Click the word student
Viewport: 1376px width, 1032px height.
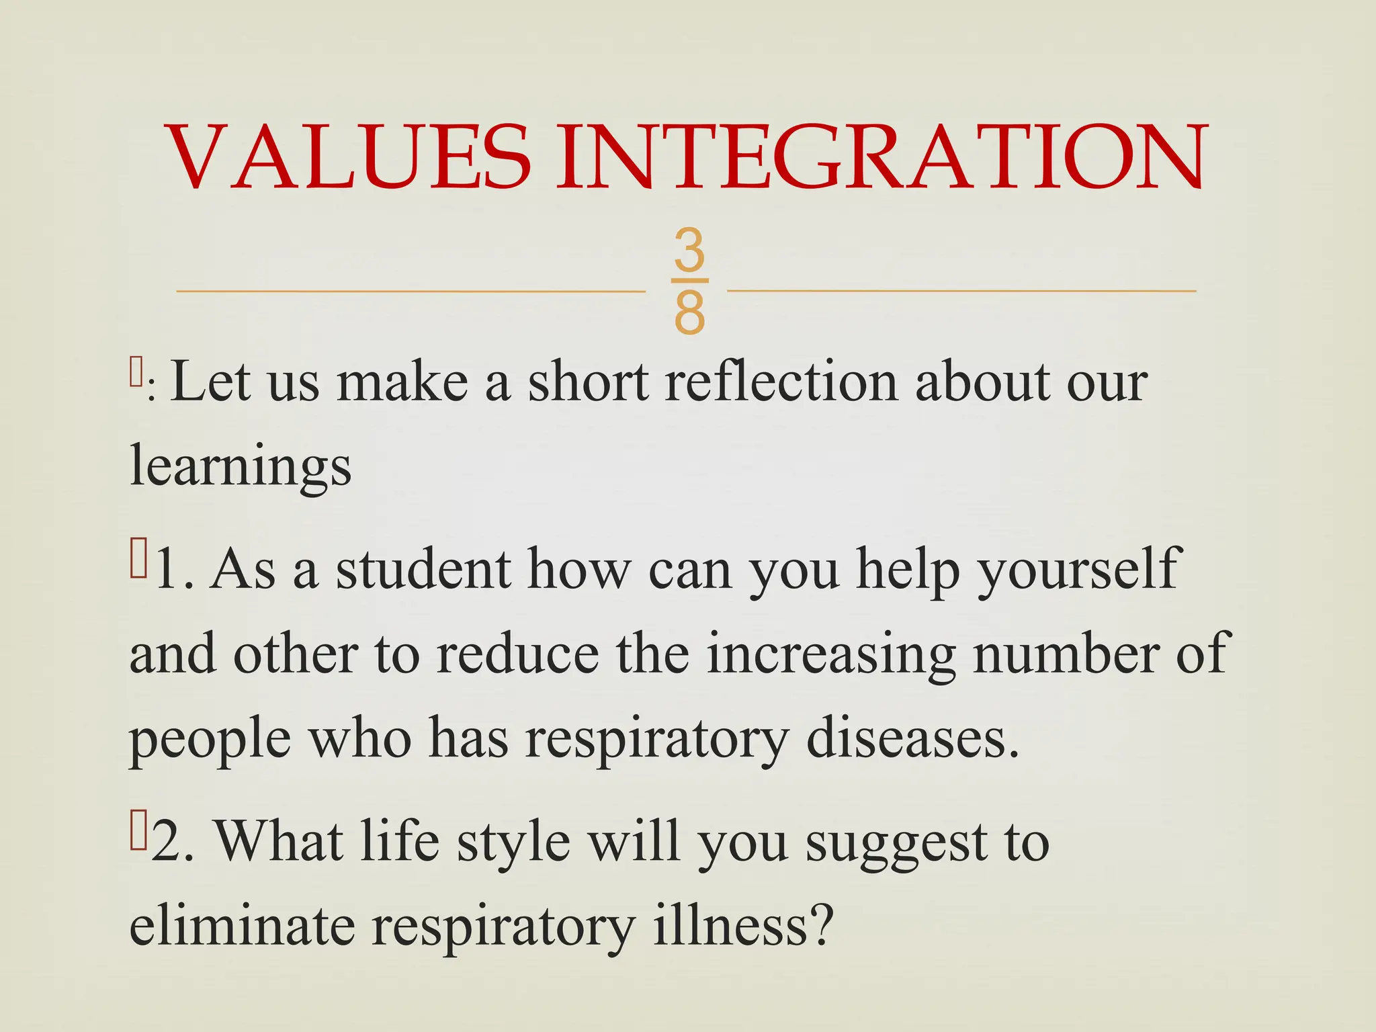point(423,570)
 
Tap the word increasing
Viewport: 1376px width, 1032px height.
point(831,654)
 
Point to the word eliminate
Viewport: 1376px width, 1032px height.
point(242,926)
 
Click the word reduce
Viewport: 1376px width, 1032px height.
point(517,654)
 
